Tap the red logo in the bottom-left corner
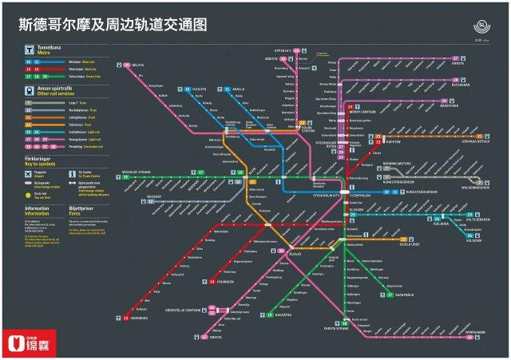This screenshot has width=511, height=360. point(32,342)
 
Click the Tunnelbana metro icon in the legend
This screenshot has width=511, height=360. point(29,49)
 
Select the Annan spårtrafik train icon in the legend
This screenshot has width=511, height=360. point(29,91)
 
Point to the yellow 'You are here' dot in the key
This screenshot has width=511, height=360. point(29,193)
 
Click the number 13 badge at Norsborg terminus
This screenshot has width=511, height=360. point(125,318)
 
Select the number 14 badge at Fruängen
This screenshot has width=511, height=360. point(211,282)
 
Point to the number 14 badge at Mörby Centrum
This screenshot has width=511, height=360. point(350,106)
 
